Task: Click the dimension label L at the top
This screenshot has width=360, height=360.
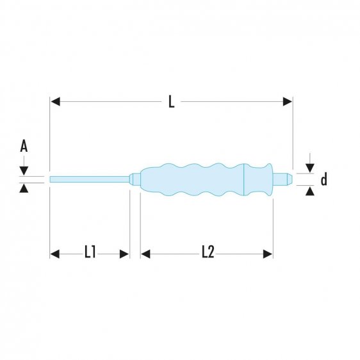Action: tap(171, 102)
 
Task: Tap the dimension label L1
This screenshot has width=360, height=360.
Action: tap(90, 253)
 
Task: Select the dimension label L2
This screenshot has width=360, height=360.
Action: tap(207, 253)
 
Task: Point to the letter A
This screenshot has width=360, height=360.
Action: tap(24, 147)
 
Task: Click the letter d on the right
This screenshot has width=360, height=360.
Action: tap(323, 180)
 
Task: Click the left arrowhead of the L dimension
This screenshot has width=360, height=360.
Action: tap(54, 102)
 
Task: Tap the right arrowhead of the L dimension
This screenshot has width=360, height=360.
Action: tap(288, 102)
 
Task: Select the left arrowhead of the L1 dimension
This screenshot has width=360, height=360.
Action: tap(54, 254)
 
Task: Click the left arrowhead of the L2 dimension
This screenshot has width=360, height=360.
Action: tap(145, 254)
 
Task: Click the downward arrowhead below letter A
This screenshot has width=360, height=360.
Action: tap(24, 170)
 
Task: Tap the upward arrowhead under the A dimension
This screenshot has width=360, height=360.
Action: tap(24, 188)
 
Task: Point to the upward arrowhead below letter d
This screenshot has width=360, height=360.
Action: tap(310, 191)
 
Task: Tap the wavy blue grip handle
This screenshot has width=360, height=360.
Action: tap(192, 179)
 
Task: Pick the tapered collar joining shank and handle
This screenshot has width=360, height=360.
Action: tap(135, 179)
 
